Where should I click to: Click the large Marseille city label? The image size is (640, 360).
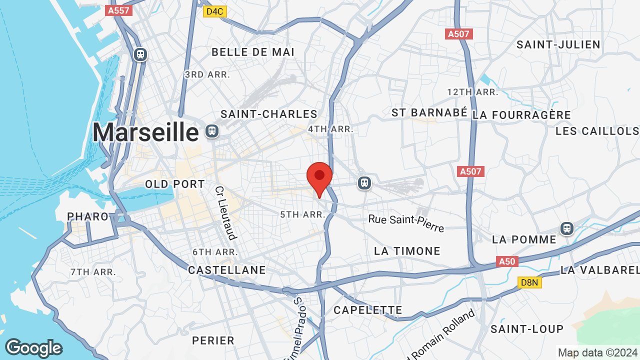point(145,133)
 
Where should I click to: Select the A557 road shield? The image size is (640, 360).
point(118,10)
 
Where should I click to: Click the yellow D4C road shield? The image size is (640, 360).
point(215,11)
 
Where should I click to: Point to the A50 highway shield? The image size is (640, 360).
point(507,261)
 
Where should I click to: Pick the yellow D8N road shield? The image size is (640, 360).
point(529,283)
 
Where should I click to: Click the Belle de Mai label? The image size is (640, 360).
point(253,52)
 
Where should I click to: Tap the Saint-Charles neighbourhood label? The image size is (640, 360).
point(269,114)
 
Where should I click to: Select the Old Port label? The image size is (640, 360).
point(175,184)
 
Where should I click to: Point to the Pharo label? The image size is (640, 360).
point(88,216)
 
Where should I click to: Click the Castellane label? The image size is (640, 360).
point(227,270)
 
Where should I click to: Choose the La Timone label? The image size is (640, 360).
point(407,251)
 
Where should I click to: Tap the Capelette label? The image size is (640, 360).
point(368,310)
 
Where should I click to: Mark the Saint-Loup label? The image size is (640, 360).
point(527,329)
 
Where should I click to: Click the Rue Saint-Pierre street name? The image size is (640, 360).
point(406,223)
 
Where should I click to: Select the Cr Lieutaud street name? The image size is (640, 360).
point(225,213)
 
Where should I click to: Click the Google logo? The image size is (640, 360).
point(33,348)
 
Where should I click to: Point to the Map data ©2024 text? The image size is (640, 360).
point(598,352)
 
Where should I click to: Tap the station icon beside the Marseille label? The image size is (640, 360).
point(212,131)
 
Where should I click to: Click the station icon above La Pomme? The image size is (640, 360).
point(566,228)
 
